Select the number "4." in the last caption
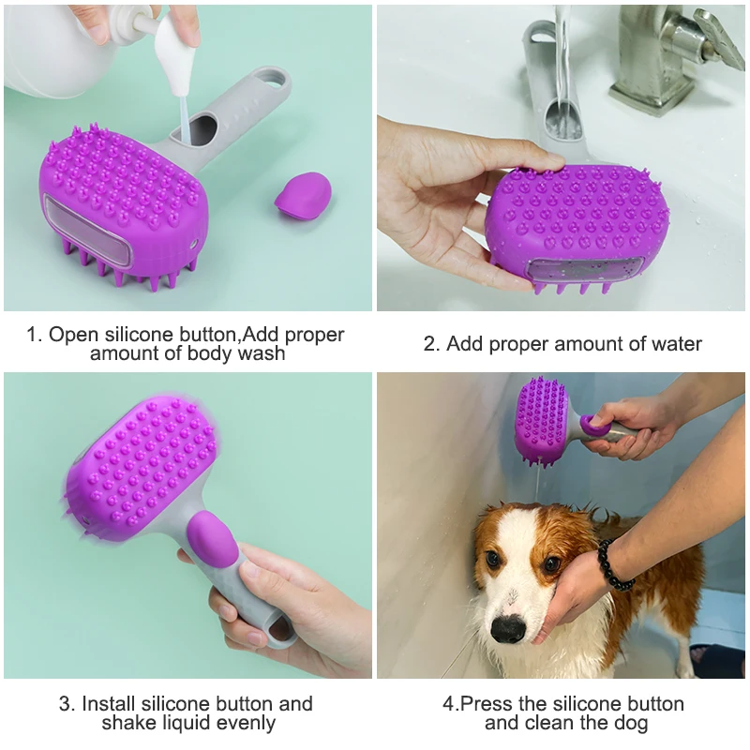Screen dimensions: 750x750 pos(450,703)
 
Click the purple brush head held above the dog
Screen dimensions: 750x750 pos(542,419)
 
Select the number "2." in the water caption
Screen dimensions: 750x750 pos(432,344)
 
